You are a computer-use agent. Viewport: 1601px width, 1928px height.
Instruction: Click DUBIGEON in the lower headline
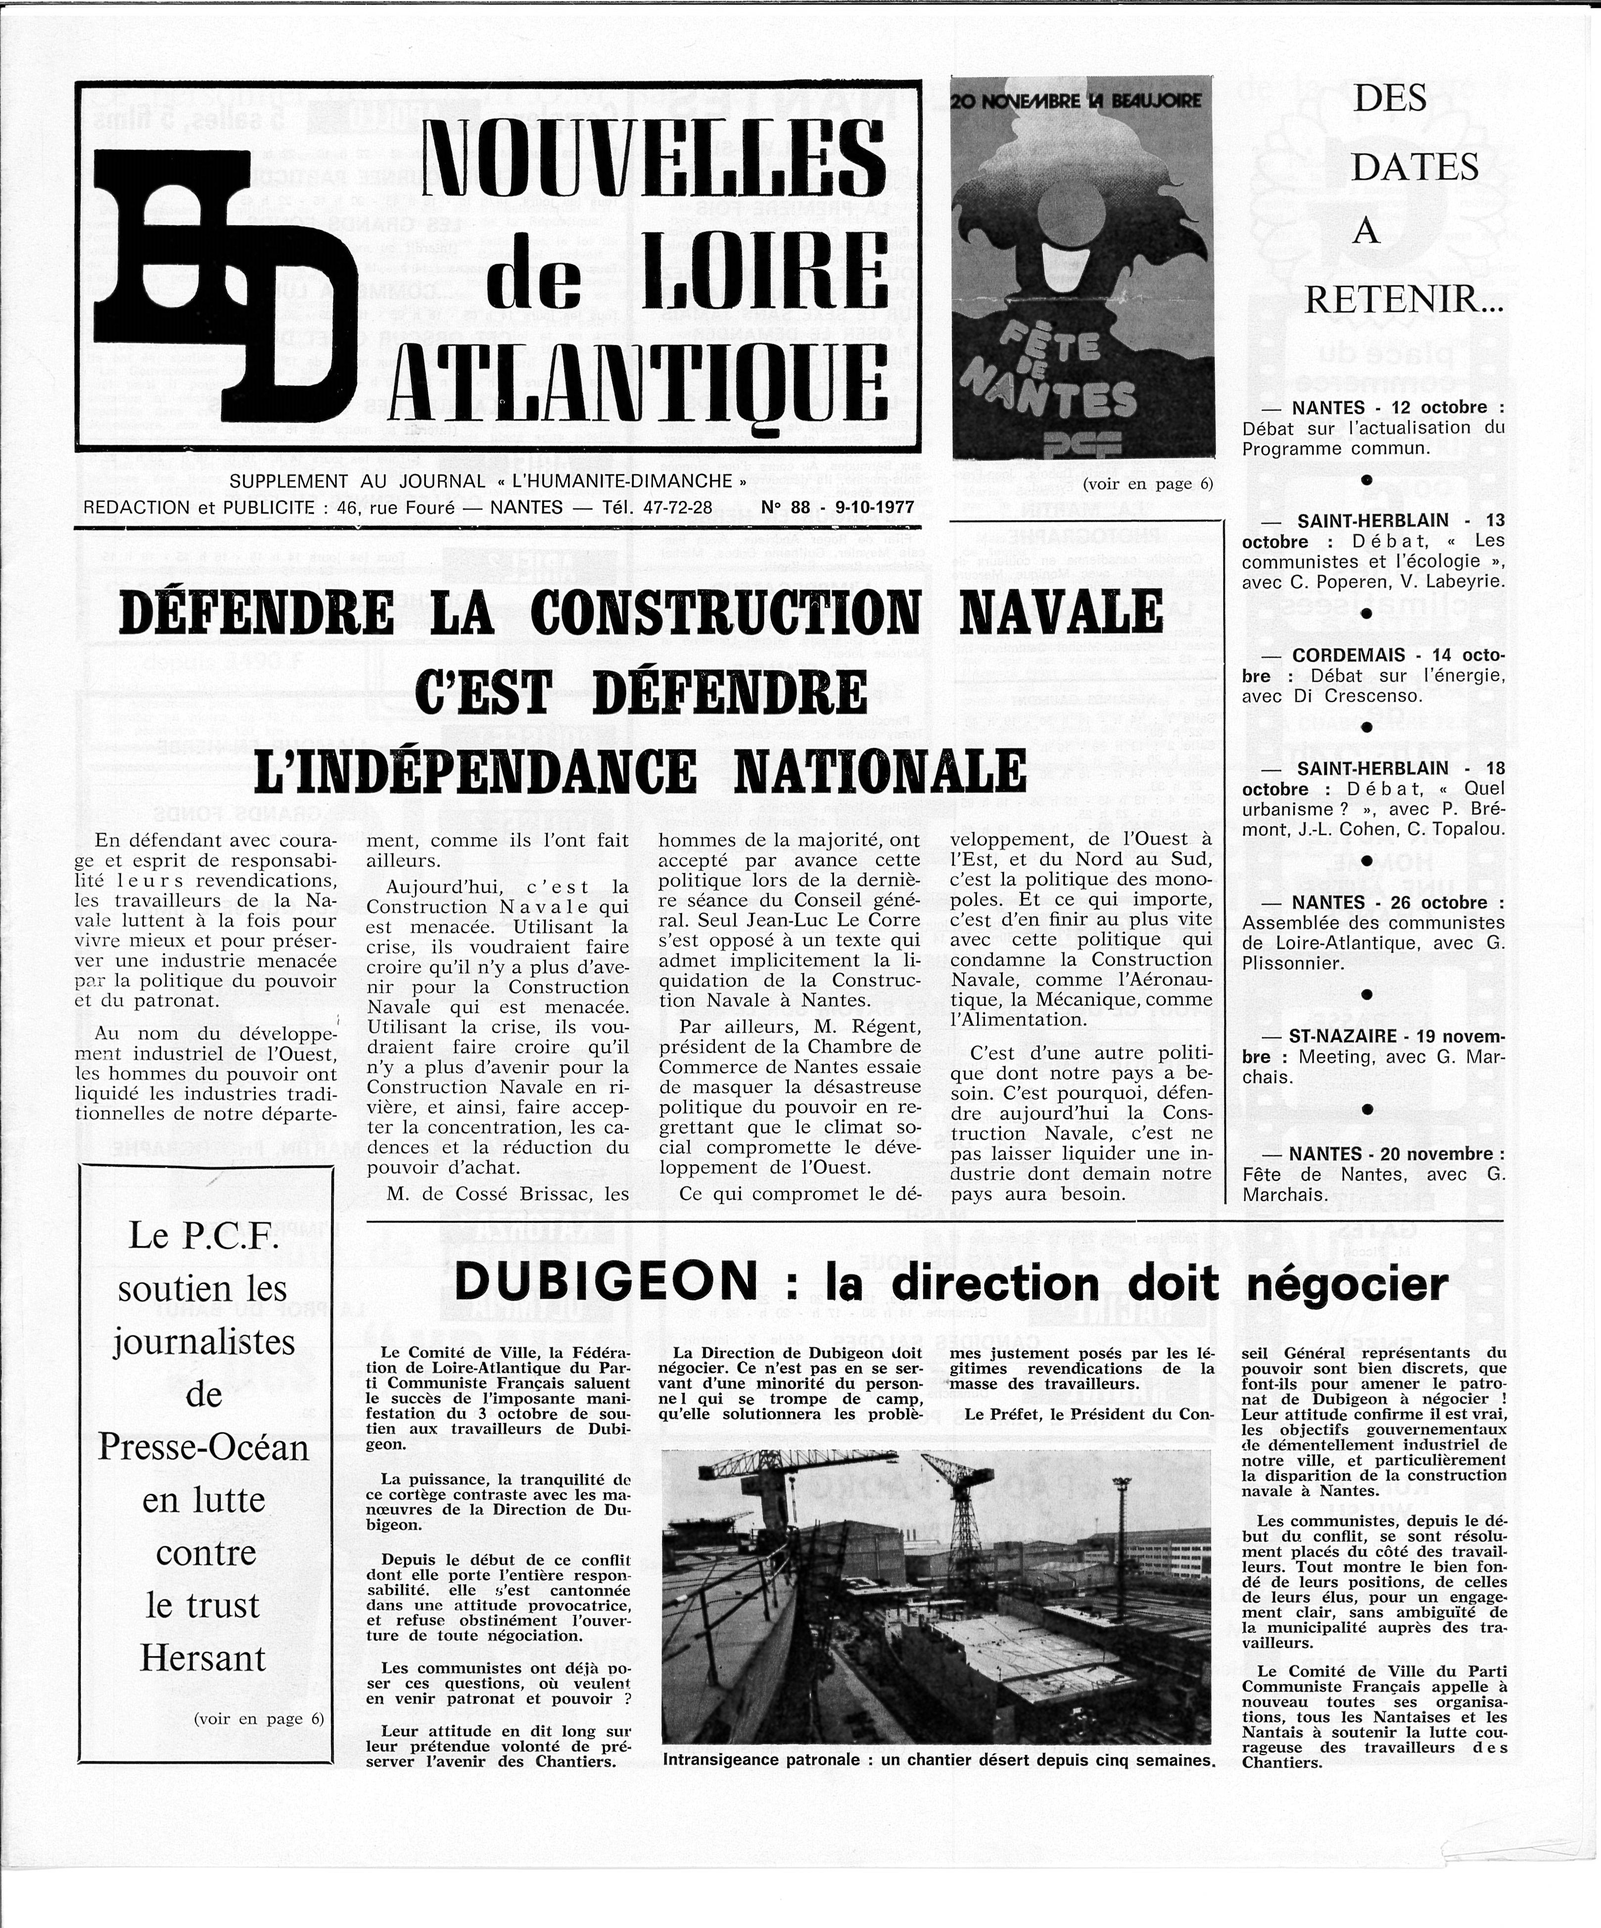point(606,1282)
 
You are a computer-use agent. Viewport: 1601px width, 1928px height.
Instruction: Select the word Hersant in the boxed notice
point(203,1658)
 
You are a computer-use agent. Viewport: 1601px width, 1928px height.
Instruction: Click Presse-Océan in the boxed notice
point(203,1448)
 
